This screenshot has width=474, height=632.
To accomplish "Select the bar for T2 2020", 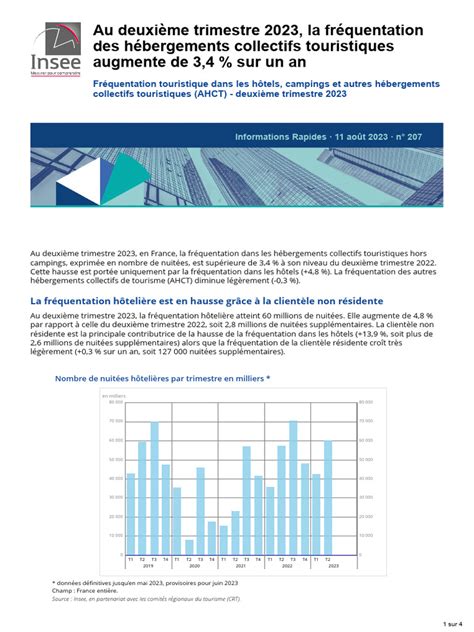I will coord(189,546).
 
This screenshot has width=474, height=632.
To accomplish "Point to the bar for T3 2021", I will coord(247,500).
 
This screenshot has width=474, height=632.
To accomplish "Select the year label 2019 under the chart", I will coord(148,565).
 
